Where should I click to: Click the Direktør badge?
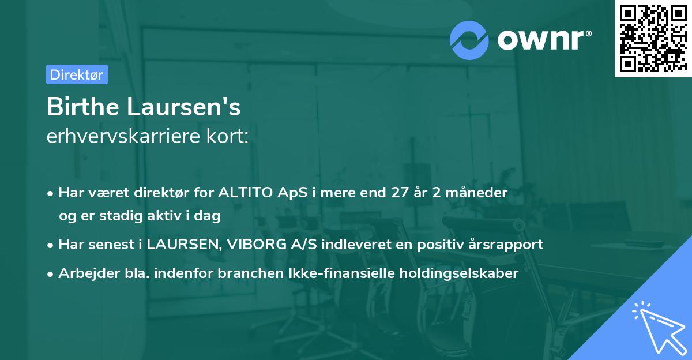[x=77, y=74]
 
